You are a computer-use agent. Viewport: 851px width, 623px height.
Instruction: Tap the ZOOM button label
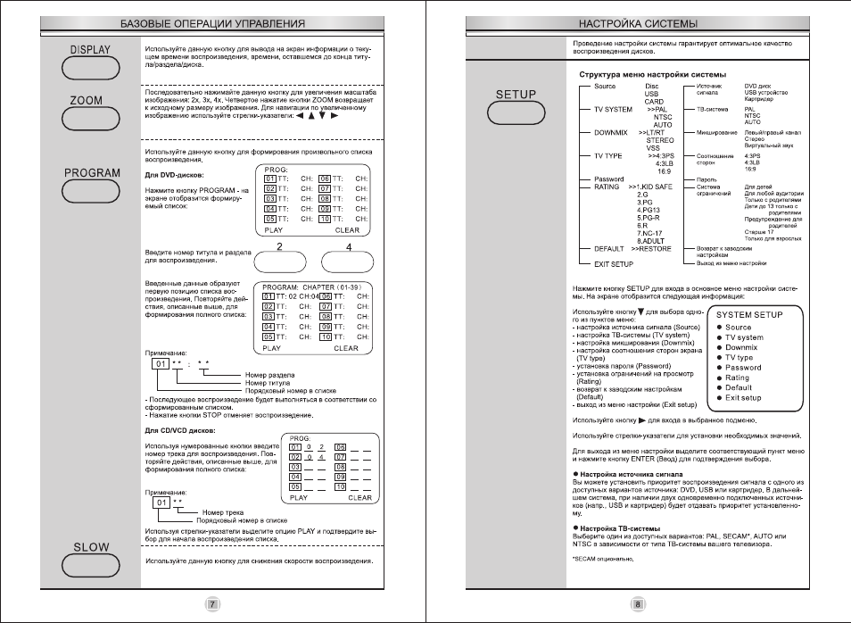pos(87,101)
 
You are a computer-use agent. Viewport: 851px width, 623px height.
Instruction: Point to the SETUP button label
pos(516,95)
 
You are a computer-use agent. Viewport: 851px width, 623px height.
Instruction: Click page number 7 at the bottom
pos(213,604)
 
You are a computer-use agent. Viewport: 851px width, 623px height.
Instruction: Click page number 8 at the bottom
pos(638,604)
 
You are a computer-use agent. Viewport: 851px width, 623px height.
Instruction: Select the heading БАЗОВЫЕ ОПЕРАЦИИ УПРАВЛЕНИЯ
pos(212,22)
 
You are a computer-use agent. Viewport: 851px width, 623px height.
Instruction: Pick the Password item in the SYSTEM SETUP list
pos(743,368)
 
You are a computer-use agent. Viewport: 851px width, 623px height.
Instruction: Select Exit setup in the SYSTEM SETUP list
pos(743,398)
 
